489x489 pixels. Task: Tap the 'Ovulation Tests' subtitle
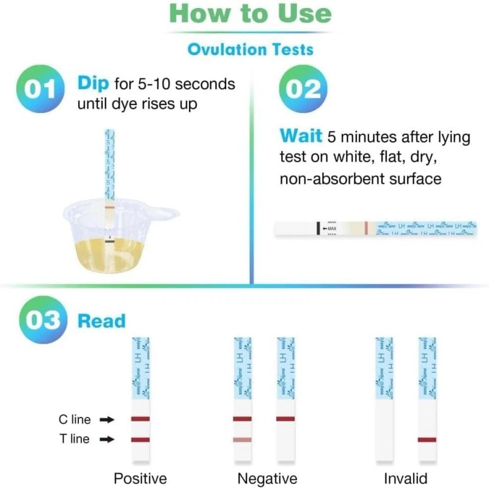click(250, 49)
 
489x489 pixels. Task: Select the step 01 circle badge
click(39, 90)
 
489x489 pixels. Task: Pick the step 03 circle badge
click(39, 320)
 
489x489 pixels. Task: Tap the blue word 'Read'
click(101, 321)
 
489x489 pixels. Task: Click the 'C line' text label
click(75, 419)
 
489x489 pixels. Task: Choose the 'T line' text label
click(75, 439)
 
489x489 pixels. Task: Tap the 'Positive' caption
click(140, 478)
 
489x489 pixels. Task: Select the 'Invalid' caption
click(405, 478)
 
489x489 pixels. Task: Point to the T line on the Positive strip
click(140, 439)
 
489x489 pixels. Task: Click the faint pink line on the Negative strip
click(242, 439)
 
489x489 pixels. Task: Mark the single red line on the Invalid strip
click(427, 439)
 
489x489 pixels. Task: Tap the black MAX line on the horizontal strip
click(318, 227)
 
